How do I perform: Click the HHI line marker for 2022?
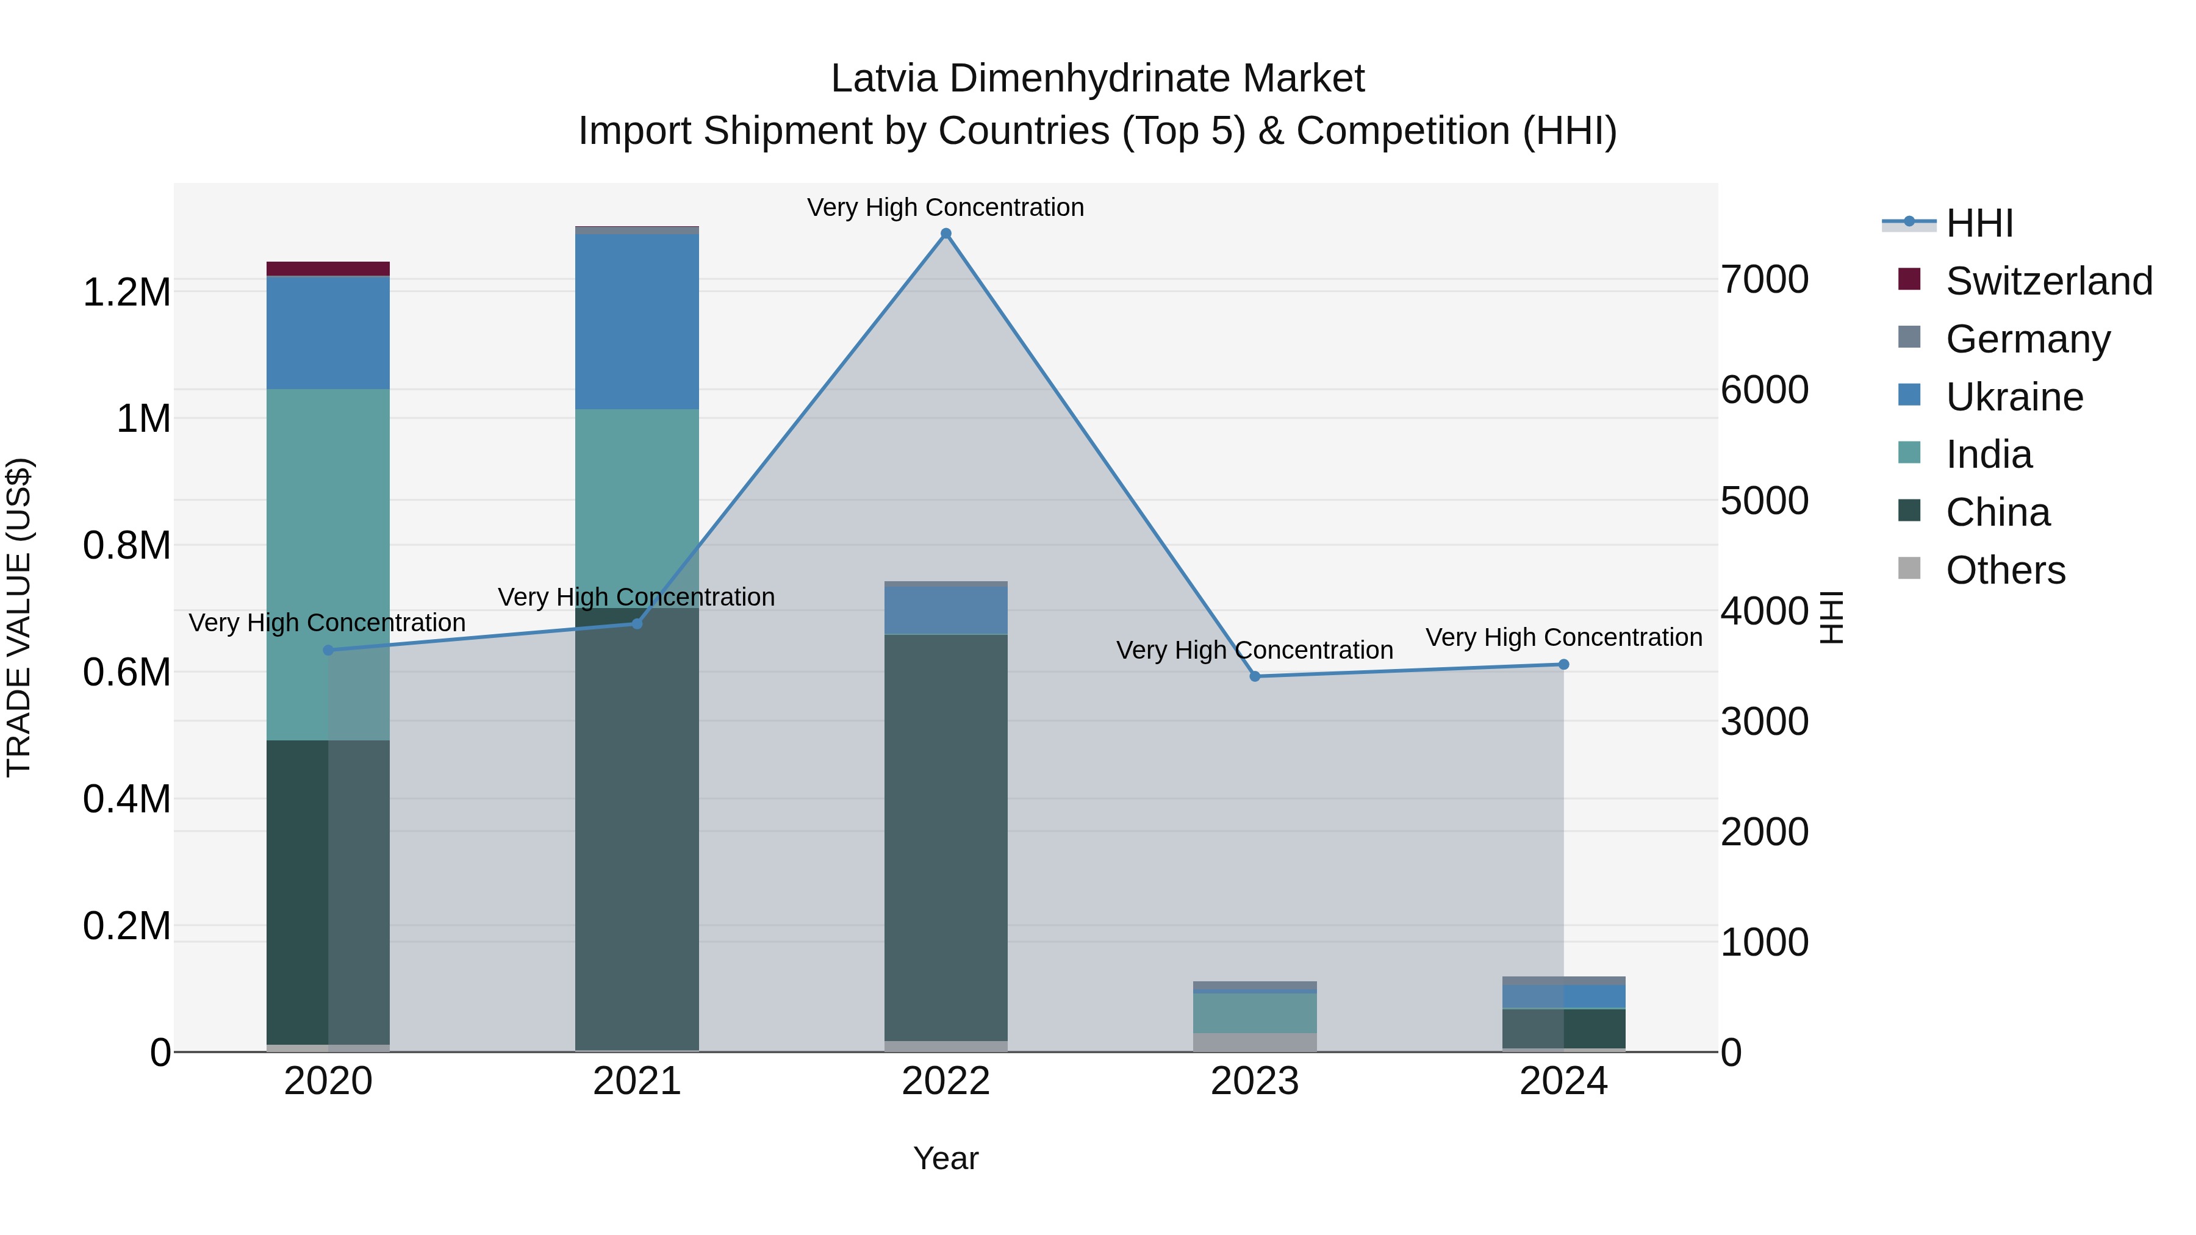945,234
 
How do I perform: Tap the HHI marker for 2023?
1254,676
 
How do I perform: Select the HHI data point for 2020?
328,650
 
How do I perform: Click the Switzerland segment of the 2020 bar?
328,268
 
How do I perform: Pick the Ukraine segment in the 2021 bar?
637,321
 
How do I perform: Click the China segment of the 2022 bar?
945,836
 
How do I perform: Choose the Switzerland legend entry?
2048,281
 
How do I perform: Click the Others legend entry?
2004,570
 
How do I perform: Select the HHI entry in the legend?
1979,223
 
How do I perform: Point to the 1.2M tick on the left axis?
127,292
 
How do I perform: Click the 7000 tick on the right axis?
1764,279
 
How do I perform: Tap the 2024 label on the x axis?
1563,1081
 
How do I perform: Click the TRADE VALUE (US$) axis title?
20,617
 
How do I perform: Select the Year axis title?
945,1158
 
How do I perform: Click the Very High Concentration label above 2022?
945,207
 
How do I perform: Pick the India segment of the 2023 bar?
1254,1012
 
